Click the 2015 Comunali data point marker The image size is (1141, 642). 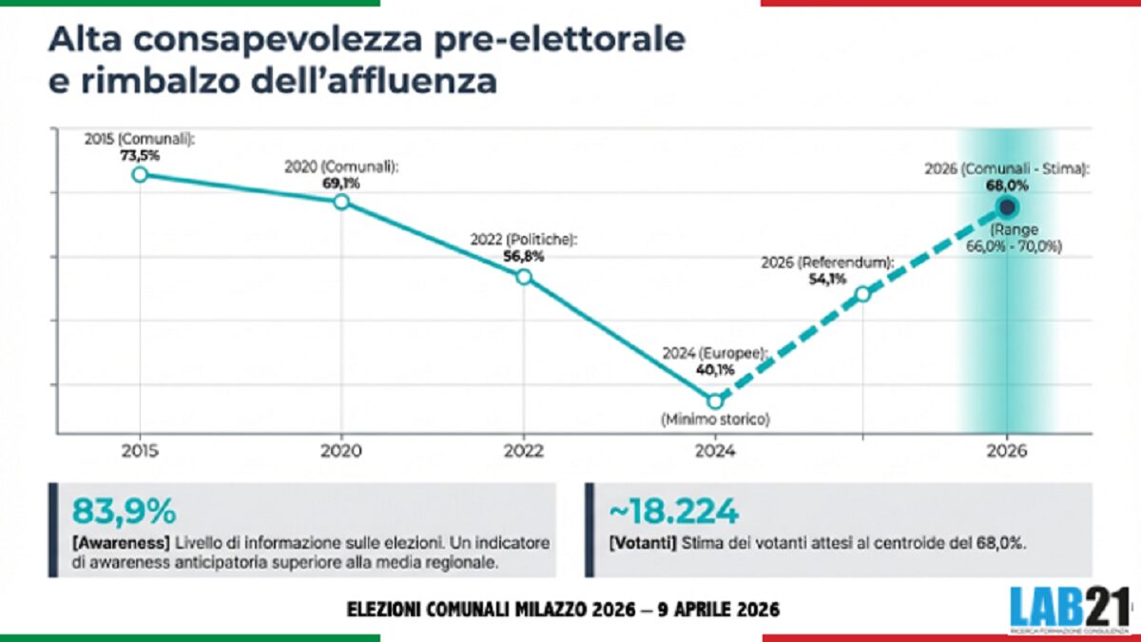(x=140, y=174)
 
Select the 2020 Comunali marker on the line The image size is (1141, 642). (x=341, y=202)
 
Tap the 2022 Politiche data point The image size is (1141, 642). (x=523, y=277)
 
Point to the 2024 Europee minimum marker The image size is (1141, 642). (x=715, y=400)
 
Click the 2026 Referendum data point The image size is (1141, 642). (x=862, y=294)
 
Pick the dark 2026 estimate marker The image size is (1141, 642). (x=1008, y=206)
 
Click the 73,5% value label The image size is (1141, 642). (x=139, y=154)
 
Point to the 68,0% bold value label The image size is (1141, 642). (x=1008, y=185)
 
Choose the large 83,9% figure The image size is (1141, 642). (x=125, y=512)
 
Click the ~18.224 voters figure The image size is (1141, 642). (x=672, y=512)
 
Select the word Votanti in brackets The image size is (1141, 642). (x=643, y=542)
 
